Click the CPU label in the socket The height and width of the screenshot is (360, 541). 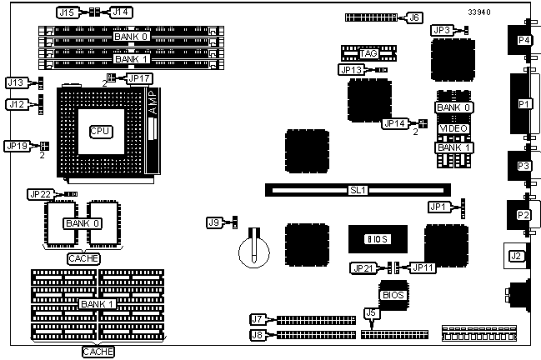100,132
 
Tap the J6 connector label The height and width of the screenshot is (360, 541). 414,17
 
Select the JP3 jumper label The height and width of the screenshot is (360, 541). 443,30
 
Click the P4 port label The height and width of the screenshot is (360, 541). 523,39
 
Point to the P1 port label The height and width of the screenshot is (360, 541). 523,103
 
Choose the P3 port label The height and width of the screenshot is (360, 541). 523,166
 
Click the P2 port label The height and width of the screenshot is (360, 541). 523,215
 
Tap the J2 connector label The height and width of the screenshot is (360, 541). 517,256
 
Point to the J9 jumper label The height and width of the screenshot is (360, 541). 214,222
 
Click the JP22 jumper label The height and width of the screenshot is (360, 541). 40,194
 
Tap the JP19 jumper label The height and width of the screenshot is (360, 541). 17,145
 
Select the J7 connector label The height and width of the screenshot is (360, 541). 258,319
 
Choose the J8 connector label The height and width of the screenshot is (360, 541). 258,335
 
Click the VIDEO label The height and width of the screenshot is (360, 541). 453,127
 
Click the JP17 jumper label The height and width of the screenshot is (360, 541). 138,78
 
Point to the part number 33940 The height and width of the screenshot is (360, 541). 479,12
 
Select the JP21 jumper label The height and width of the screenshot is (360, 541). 363,267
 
